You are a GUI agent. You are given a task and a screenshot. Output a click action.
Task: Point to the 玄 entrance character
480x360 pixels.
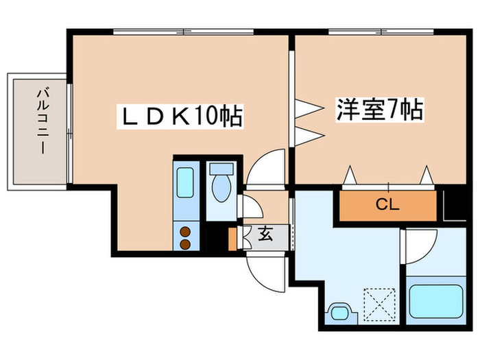click(x=265, y=234)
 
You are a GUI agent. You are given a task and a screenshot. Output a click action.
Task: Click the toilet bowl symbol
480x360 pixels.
click(x=221, y=185)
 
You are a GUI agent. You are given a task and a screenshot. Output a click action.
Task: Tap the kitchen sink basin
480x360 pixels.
click(x=185, y=183)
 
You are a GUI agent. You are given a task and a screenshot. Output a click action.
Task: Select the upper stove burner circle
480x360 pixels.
click(x=185, y=230)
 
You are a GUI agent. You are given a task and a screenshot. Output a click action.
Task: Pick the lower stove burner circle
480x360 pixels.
click(x=185, y=242)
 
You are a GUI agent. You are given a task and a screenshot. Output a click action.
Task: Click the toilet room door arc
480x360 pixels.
click(x=249, y=208)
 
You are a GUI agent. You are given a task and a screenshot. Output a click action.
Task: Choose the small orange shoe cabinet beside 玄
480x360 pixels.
click(x=232, y=235)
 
